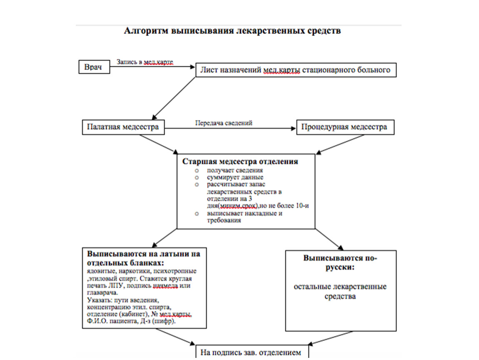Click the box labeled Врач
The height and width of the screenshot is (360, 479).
click(94, 67)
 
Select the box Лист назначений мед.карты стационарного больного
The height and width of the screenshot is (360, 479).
click(296, 70)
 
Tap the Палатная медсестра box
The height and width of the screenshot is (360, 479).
click(123, 127)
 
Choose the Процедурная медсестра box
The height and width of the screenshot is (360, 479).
click(345, 127)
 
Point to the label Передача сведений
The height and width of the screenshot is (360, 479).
click(224, 123)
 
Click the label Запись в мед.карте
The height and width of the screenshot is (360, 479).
click(145, 62)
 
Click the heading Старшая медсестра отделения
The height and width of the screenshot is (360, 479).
click(240, 162)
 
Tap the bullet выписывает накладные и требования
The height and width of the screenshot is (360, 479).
click(244, 217)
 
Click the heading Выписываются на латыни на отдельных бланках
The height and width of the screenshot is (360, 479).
click(144, 259)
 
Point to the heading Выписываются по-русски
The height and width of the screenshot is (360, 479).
click(340, 262)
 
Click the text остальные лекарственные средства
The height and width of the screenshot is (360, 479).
click(340, 292)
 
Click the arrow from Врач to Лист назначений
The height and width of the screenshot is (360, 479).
click(152, 66)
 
